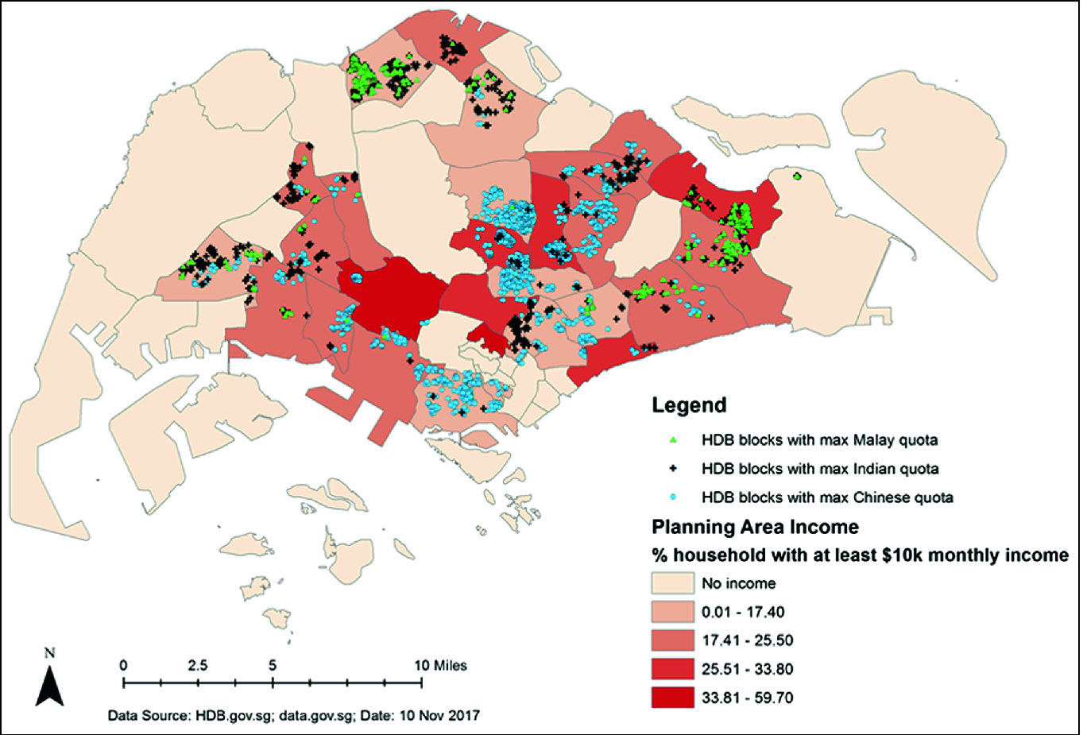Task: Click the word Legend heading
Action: (689, 404)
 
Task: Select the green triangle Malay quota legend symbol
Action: (672, 439)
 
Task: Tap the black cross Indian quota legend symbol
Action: (672, 469)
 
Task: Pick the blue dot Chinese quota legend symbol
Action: (672, 497)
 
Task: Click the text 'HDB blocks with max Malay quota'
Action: (819, 439)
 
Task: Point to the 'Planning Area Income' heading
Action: (755, 527)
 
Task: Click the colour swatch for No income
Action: (672, 583)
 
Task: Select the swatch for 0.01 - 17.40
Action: (672, 612)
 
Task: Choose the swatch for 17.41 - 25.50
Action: (672, 640)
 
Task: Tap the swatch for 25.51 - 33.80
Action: (672, 669)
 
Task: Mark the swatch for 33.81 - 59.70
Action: (672, 698)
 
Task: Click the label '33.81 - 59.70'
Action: (747, 698)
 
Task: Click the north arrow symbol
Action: (49, 687)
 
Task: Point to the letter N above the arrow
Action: (49, 653)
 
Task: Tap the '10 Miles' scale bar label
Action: (440, 665)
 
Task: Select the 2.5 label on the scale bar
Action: (197, 665)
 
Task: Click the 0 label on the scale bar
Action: (123, 665)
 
